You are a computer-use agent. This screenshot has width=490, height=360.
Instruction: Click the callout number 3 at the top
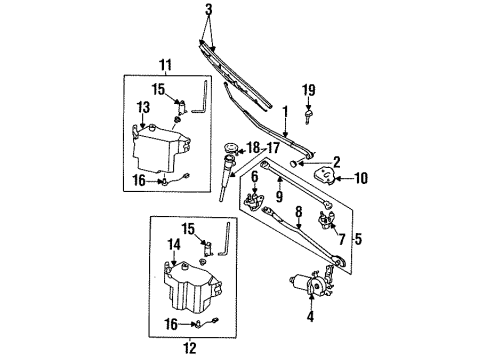tap(209, 10)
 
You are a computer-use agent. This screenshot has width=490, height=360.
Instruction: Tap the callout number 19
tap(309, 90)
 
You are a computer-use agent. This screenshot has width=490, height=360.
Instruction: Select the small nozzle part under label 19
tap(309, 116)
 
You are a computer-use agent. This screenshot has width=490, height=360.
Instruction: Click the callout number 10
tap(361, 178)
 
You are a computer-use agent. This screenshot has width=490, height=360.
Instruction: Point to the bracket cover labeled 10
tap(325, 175)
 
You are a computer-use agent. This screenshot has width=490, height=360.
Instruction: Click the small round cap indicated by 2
tap(294, 163)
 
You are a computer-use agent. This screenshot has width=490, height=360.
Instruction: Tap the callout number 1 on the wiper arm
tap(285, 112)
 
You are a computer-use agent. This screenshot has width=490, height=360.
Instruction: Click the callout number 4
tap(310, 316)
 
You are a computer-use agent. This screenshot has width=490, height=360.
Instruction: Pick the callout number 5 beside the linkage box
tap(358, 239)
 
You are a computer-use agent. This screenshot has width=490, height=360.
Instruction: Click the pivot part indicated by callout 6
tap(254, 202)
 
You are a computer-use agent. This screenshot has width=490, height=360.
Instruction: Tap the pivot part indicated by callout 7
tap(326, 220)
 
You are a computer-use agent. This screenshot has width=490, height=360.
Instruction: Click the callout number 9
tap(279, 196)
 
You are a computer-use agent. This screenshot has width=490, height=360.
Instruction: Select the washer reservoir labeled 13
tap(160, 149)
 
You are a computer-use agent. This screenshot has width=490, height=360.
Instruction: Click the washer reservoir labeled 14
tap(192, 287)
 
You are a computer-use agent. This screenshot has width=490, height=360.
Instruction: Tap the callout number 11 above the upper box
tap(166, 65)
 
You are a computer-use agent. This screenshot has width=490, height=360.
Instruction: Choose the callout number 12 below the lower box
tap(189, 348)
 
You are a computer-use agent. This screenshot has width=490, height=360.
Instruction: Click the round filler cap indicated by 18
tap(230, 147)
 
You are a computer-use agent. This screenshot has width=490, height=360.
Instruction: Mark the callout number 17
tap(273, 147)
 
